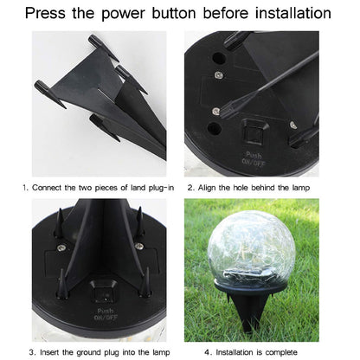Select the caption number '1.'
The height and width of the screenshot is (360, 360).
[25, 188]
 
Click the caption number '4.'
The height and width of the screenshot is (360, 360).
[208, 351]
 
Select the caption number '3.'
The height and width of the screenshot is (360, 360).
[31, 351]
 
